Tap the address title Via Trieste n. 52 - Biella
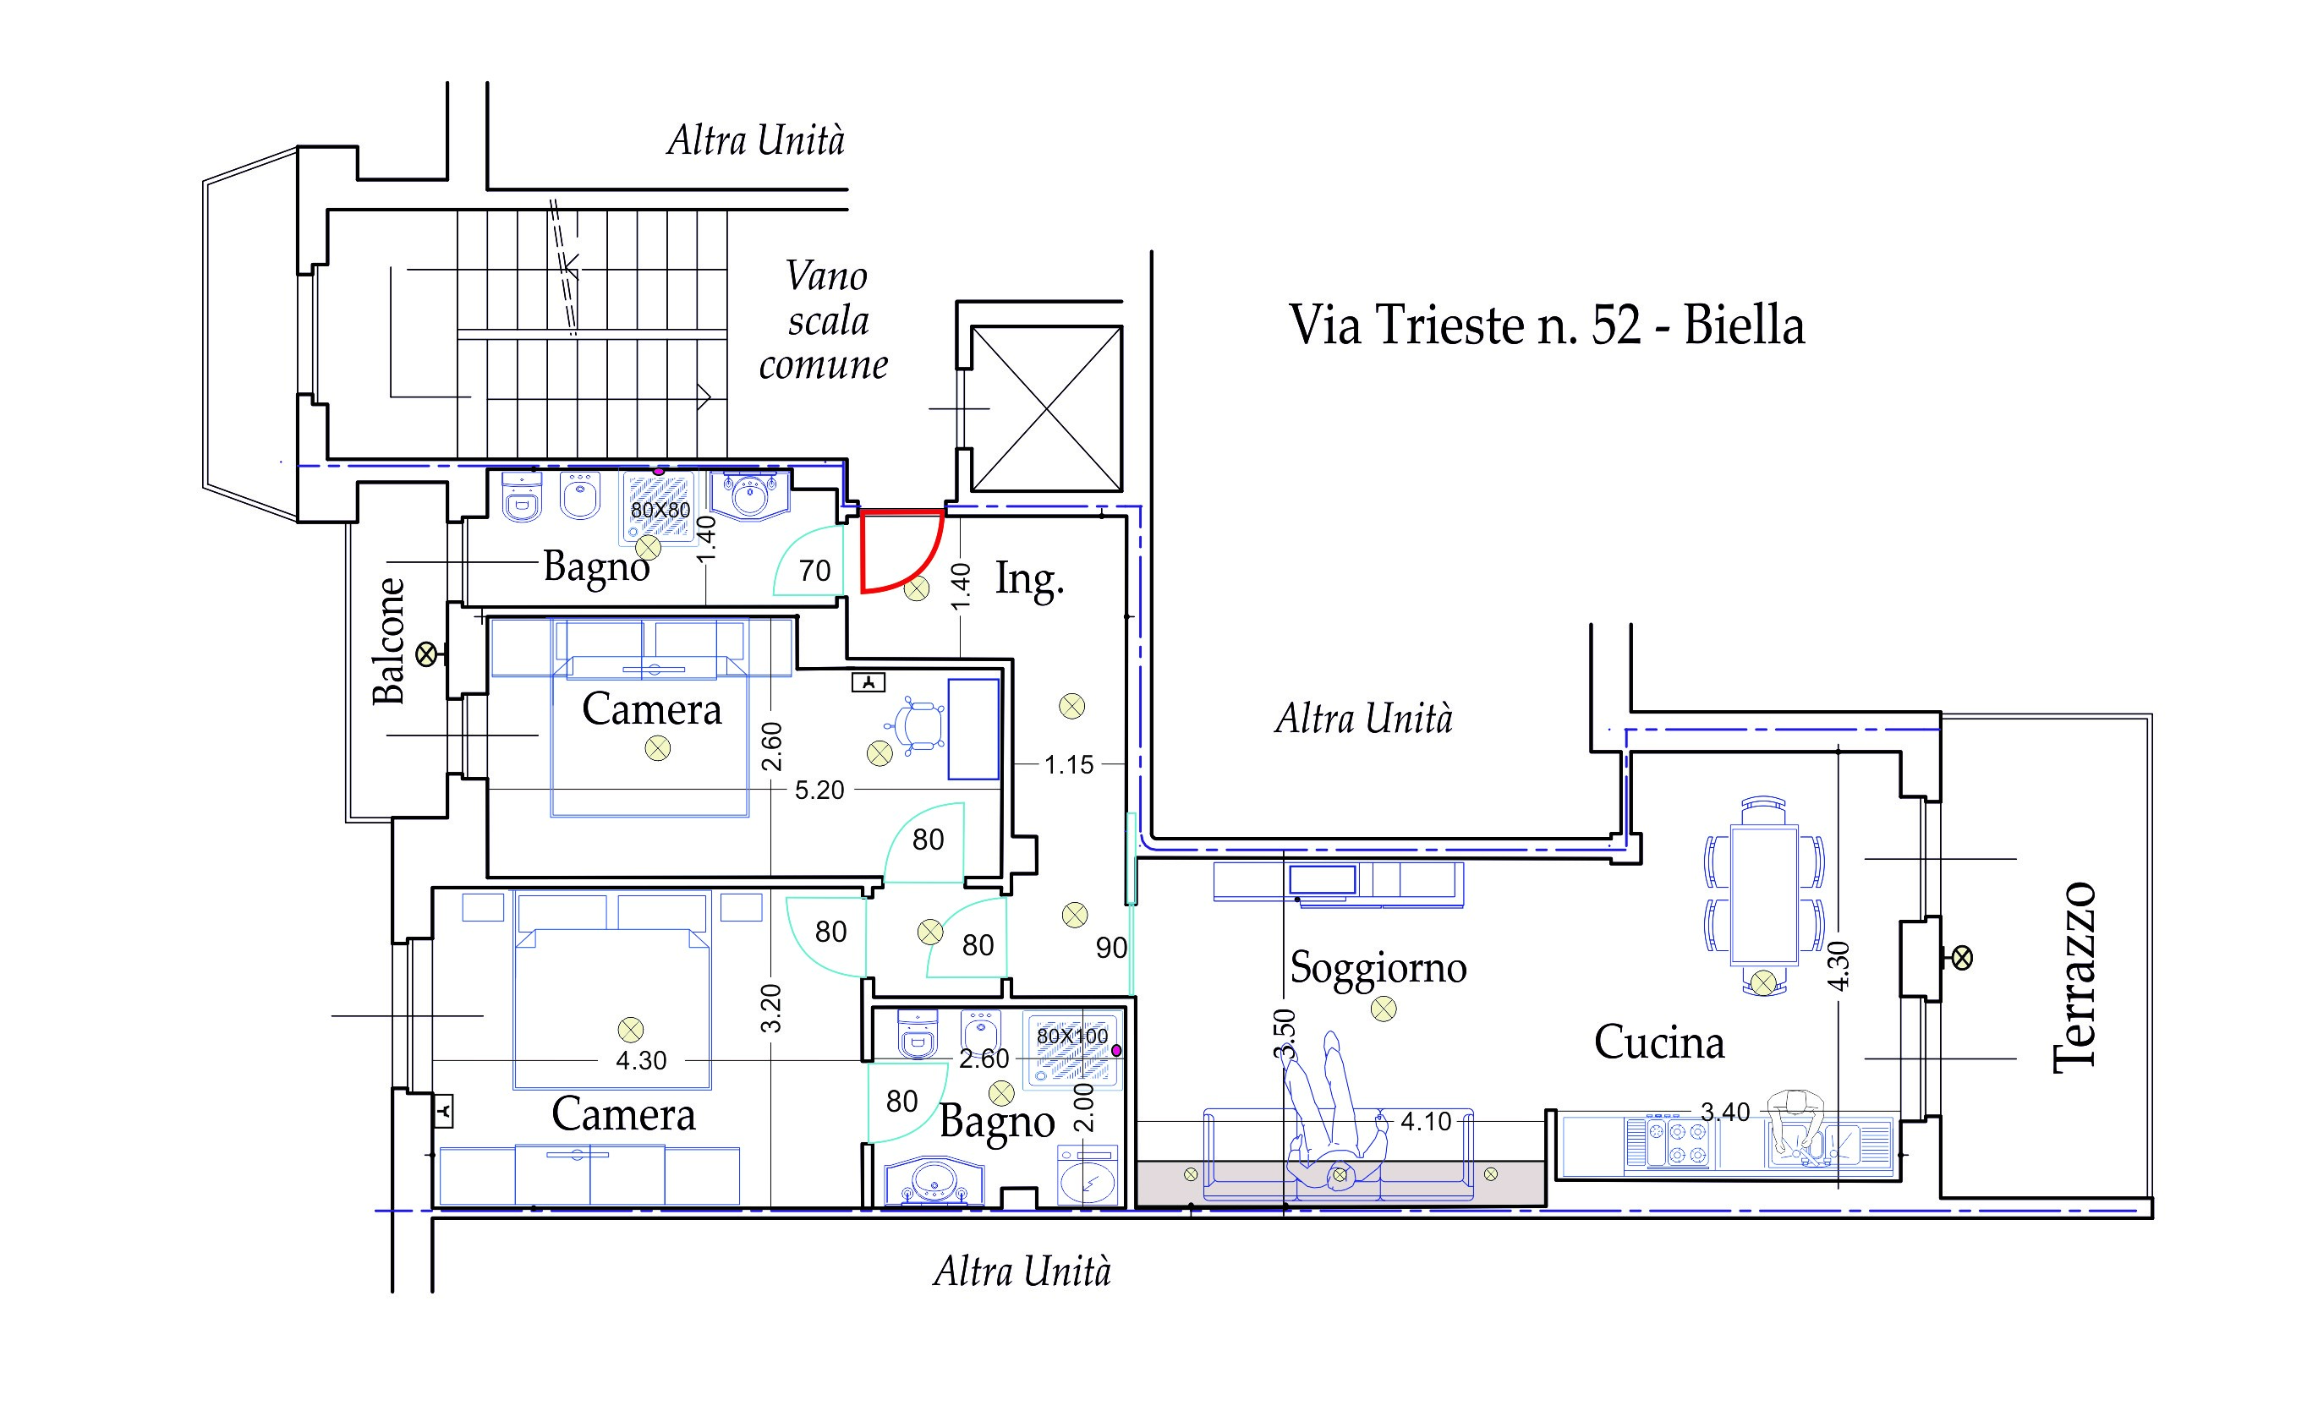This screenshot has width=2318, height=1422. pyautogui.click(x=1547, y=325)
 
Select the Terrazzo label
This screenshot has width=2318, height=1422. pyautogui.click(x=2074, y=977)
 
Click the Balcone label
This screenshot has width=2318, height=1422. pyautogui.click(x=388, y=641)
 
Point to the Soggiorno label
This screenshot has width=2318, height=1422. pyautogui.click(x=1378, y=968)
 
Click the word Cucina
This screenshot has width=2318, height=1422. pyautogui.click(x=1659, y=1042)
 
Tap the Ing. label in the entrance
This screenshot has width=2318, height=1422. pyautogui.click(x=1030, y=579)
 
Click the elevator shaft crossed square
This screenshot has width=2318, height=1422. pyautogui.click(x=1046, y=408)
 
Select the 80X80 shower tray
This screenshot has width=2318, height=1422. pyautogui.click(x=659, y=509)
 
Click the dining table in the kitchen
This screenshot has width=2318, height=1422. pyautogui.click(x=1764, y=894)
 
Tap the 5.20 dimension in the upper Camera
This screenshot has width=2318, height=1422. pyautogui.click(x=819, y=790)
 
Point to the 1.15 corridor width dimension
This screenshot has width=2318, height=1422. pyautogui.click(x=1069, y=764)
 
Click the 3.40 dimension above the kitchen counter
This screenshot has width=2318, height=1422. pyautogui.click(x=1724, y=1112)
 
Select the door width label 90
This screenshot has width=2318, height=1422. pyautogui.click(x=1111, y=948)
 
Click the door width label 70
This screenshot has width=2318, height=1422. pyautogui.click(x=814, y=571)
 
